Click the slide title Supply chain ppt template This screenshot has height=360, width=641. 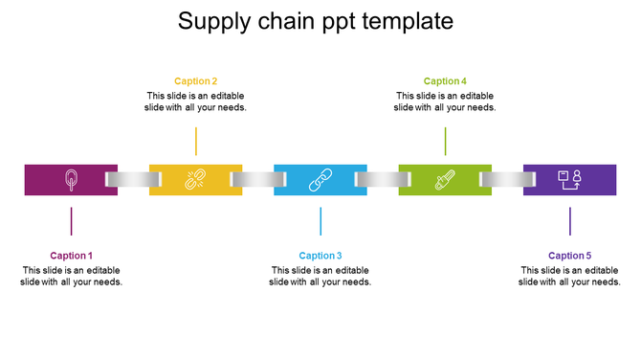[x=316, y=21]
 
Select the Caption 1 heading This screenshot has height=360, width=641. [x=72, y=256]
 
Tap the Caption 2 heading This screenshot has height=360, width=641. [x=196, y=81]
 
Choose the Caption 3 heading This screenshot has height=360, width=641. [x=320, y=256]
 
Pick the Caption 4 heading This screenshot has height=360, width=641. [x=445, y=81]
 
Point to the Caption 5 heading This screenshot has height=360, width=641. [x=570, y=256]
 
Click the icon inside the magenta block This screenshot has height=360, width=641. [x=71, y=179]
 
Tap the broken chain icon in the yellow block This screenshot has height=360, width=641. [x=195, y=179]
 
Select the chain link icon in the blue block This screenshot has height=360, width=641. [x=320, y=179]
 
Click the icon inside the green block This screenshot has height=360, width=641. [x=445, y=179]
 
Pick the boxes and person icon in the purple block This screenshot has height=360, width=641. [x=570, y=179]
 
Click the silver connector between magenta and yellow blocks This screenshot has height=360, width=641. [x=133, y=179]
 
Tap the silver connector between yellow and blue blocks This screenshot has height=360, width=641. [x=257, y=179]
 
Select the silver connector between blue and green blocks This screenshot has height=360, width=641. [x=383, y=179]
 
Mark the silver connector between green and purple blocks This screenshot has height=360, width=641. [x=507, y=179]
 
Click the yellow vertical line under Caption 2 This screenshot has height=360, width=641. [x=196, y=141]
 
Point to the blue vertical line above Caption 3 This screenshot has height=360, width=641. [x=320, y=221]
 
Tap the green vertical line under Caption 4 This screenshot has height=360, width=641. [x=445, y=141]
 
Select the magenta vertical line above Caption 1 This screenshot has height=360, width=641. [x=72, y=221]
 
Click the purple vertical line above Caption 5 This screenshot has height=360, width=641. [x=570, y=221]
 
